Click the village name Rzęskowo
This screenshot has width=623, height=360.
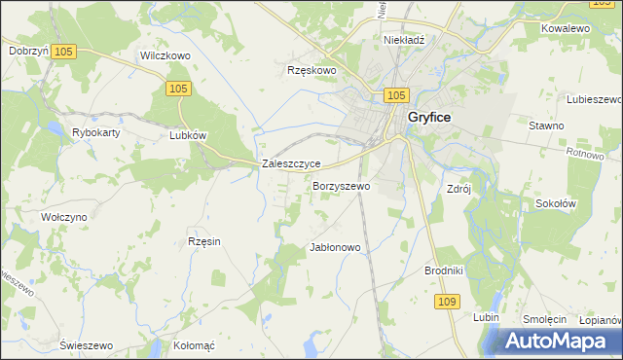click(x=311, y=70)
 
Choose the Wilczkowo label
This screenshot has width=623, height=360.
click(x=165, y=56)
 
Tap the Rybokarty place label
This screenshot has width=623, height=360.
click(x=95, y=132)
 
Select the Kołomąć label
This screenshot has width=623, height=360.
click(x=193, y=345)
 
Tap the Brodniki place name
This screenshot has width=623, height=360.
click(x=444, y=270)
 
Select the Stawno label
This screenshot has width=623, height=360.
click(x=546, y=126)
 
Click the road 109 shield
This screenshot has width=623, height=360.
click(x=447, y=303)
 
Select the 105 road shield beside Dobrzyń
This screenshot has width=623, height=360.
click(x=65, y=51)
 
